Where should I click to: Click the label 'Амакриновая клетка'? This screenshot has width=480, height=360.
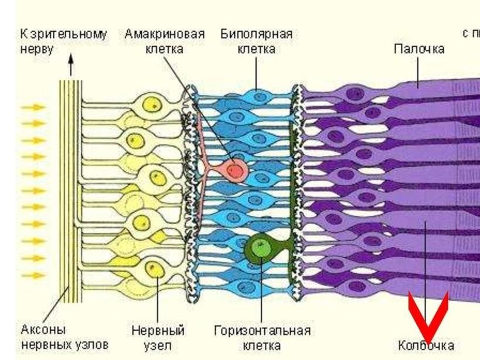tap(164, 41)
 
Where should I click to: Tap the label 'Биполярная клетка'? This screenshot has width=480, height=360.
tap(256, 41)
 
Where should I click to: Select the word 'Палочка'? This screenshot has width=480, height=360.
tap(418, 49)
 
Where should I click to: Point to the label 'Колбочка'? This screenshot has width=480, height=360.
tap(426, 345)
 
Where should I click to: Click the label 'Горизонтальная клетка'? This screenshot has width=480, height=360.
tap(262, 338)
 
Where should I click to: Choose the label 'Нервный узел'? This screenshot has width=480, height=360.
tap(158, 338)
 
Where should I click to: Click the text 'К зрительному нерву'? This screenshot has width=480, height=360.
tap(63, 41)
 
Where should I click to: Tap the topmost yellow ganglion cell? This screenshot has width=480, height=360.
tap(151, 106)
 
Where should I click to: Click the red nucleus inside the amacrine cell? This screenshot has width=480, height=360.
tap(236, 170)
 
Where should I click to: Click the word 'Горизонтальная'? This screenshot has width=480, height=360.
tap(262, 331)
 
